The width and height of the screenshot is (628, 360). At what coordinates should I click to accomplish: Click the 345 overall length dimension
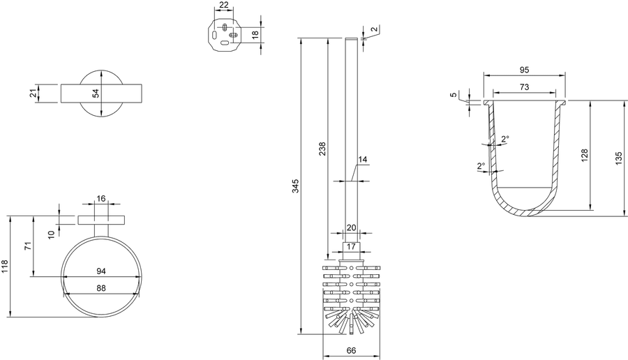pyautogui.click(x=296, y=186)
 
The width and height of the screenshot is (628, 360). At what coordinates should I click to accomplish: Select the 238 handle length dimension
pyautogui.click(x=322, y=149)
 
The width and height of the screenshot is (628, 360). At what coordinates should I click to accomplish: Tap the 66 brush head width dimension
pyautogui.click(x=351, y=350)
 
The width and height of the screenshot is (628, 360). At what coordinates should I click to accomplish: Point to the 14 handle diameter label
pyautogui.click(x=362, y=159)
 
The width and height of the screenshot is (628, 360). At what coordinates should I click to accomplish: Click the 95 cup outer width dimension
pyautogui.click(x=524, y=70)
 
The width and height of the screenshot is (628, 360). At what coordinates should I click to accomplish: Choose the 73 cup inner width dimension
pyautogui.click(x=524, y=87)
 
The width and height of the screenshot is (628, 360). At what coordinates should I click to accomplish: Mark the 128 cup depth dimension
pyautogui.click(x=584, y=156)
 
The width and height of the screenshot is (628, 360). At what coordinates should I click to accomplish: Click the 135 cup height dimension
pyautogui.click(x=619, y=158)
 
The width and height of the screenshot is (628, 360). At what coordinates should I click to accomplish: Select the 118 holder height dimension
pyautogui.click(x=4, y=267)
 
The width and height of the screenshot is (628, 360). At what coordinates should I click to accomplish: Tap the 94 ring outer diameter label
pyautogui.click(x=101, y=271)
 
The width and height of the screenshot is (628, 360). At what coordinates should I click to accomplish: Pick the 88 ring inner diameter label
pyautogui.click(x=101, y=288)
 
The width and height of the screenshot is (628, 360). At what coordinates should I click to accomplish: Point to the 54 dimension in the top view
pyautogui.click(x=96, y=93)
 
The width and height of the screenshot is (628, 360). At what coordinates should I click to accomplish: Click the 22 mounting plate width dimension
pyautogui.click(x=224, y=5)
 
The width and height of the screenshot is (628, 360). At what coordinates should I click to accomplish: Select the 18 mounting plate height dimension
pyautogui.click(x=255, y=35)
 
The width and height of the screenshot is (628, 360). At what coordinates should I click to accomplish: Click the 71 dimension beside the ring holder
pyautogui.click(x=28, y=246)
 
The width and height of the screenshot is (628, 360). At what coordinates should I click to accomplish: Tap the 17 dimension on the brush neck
pyautogui.click(x=351, y=246)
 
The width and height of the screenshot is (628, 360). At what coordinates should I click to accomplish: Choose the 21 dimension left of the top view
pyautogui.click(x=33, y=93)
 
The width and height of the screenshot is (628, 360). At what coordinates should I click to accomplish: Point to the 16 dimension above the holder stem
pyautogui.click(x=101, y=199)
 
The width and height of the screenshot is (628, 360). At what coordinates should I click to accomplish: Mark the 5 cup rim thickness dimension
pyautogui.click(x=453, y=95)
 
